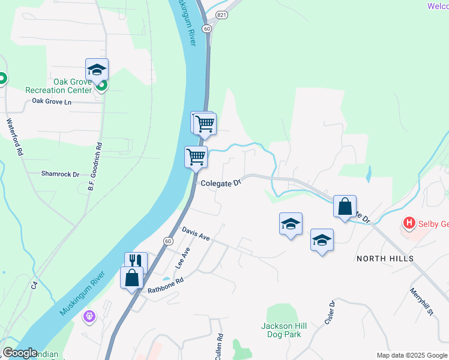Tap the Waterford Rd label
(15, 137)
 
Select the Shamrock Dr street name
(60, 174)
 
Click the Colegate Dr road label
(220, 182)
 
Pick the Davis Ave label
(196, 234)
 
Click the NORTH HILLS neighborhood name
(385, 258)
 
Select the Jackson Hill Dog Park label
(284, 330)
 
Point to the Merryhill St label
(421, 302)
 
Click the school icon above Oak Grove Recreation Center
(97, 69)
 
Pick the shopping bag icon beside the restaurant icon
(132, 277)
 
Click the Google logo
(20, 353)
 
